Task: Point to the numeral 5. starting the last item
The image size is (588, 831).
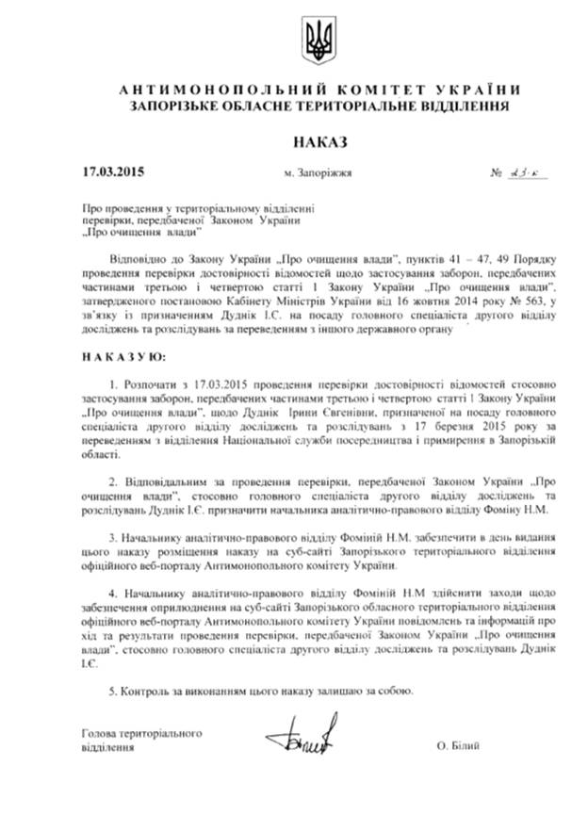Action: pos(112,691)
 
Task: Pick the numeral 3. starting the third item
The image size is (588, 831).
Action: pos(113,531)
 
